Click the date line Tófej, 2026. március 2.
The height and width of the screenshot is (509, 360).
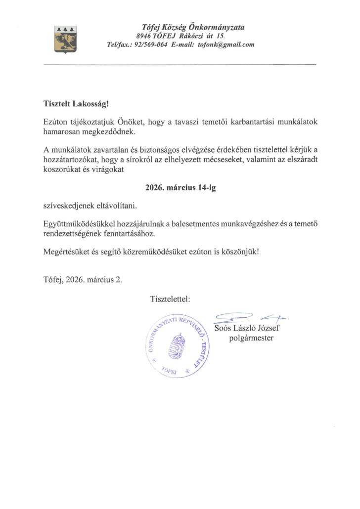click(83, 280)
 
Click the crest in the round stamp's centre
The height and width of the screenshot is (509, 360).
click(180, 348)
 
